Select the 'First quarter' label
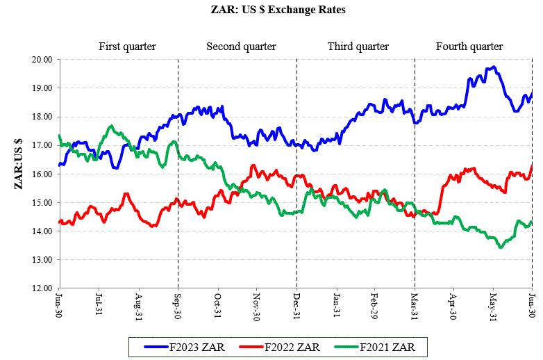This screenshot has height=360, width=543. [x=127, y=47]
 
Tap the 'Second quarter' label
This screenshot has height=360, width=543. [x=241, y=47]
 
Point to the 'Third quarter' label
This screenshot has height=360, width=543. [x=358, y=47]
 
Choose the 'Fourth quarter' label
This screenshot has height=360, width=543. [x=469, y=47]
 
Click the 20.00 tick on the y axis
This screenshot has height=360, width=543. [x=43, y=60]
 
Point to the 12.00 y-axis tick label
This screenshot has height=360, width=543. [x=43, y=288]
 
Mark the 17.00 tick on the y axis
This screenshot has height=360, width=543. [x=43, y=145]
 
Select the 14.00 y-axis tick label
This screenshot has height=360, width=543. [x=43, y=231]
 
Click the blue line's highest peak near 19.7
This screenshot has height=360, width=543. [x=492, y=67]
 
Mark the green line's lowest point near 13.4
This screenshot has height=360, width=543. [x=501, y=247]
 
